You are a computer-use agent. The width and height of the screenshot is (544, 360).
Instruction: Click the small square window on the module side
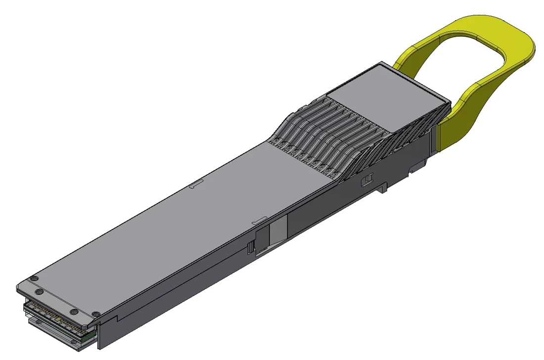367,180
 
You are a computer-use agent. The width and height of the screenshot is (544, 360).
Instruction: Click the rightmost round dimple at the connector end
97,314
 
